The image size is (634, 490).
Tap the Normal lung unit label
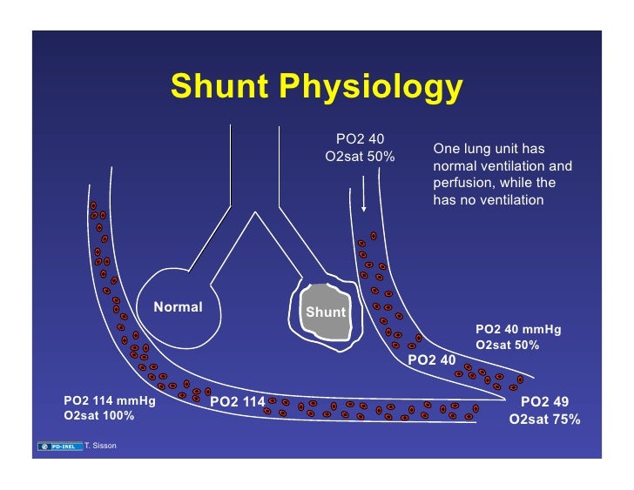(x=178, y=306)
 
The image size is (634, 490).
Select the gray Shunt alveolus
(x=324, y=312)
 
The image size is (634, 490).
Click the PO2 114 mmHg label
(x=104, y=400)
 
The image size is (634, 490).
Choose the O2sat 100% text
(x=99, y=416)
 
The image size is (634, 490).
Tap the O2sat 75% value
(x=544, y=420)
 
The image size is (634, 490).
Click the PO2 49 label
(x=544, y=402)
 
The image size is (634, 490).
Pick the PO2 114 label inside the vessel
(x=238, y=401)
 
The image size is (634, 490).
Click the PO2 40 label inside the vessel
(x=432, y=359)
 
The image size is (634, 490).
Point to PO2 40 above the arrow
(x=361, y=140)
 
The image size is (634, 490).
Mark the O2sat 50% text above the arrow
(x=360, y=158)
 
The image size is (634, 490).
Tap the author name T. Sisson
(x=100, y=446)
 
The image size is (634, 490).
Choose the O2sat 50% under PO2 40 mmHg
(x=508, y=345)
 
